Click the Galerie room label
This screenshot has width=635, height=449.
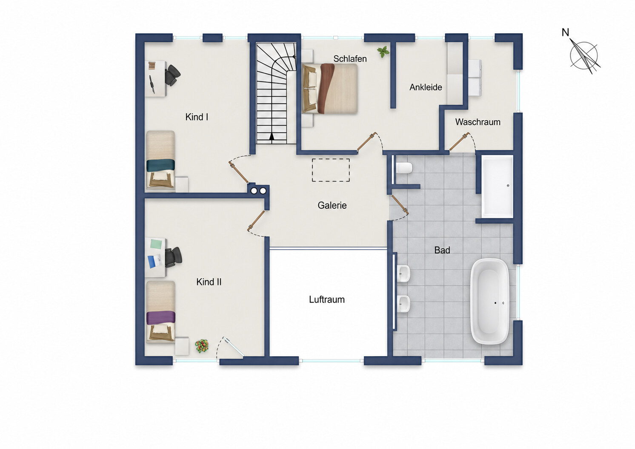[x=332, y=205]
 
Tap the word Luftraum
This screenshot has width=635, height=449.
[x=326, y=299]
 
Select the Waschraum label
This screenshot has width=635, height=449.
[x=478, y=122]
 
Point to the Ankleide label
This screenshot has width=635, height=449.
[x=426, y=87]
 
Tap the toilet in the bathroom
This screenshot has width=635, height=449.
[x=404, y=168]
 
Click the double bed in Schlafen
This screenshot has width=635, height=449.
[x=330, y=89]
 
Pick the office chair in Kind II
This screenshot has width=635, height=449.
[x=173, y=257]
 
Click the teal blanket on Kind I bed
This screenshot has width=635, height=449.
[x=160, y=165]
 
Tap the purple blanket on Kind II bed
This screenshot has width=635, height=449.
[x=161, y=318]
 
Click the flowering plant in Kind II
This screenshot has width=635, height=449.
[x=202, y=346]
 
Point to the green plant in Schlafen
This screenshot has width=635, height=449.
[x=383, y=52]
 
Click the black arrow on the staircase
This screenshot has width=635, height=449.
[x=272, y=136]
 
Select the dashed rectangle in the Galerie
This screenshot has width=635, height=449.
[x=331, y=170]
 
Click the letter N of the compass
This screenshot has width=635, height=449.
[x=565, y=32]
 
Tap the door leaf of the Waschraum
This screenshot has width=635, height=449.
[x=460, y=141]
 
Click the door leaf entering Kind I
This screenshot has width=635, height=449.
[x=238, y=172]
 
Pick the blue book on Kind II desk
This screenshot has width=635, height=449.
[x=152, y=262]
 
